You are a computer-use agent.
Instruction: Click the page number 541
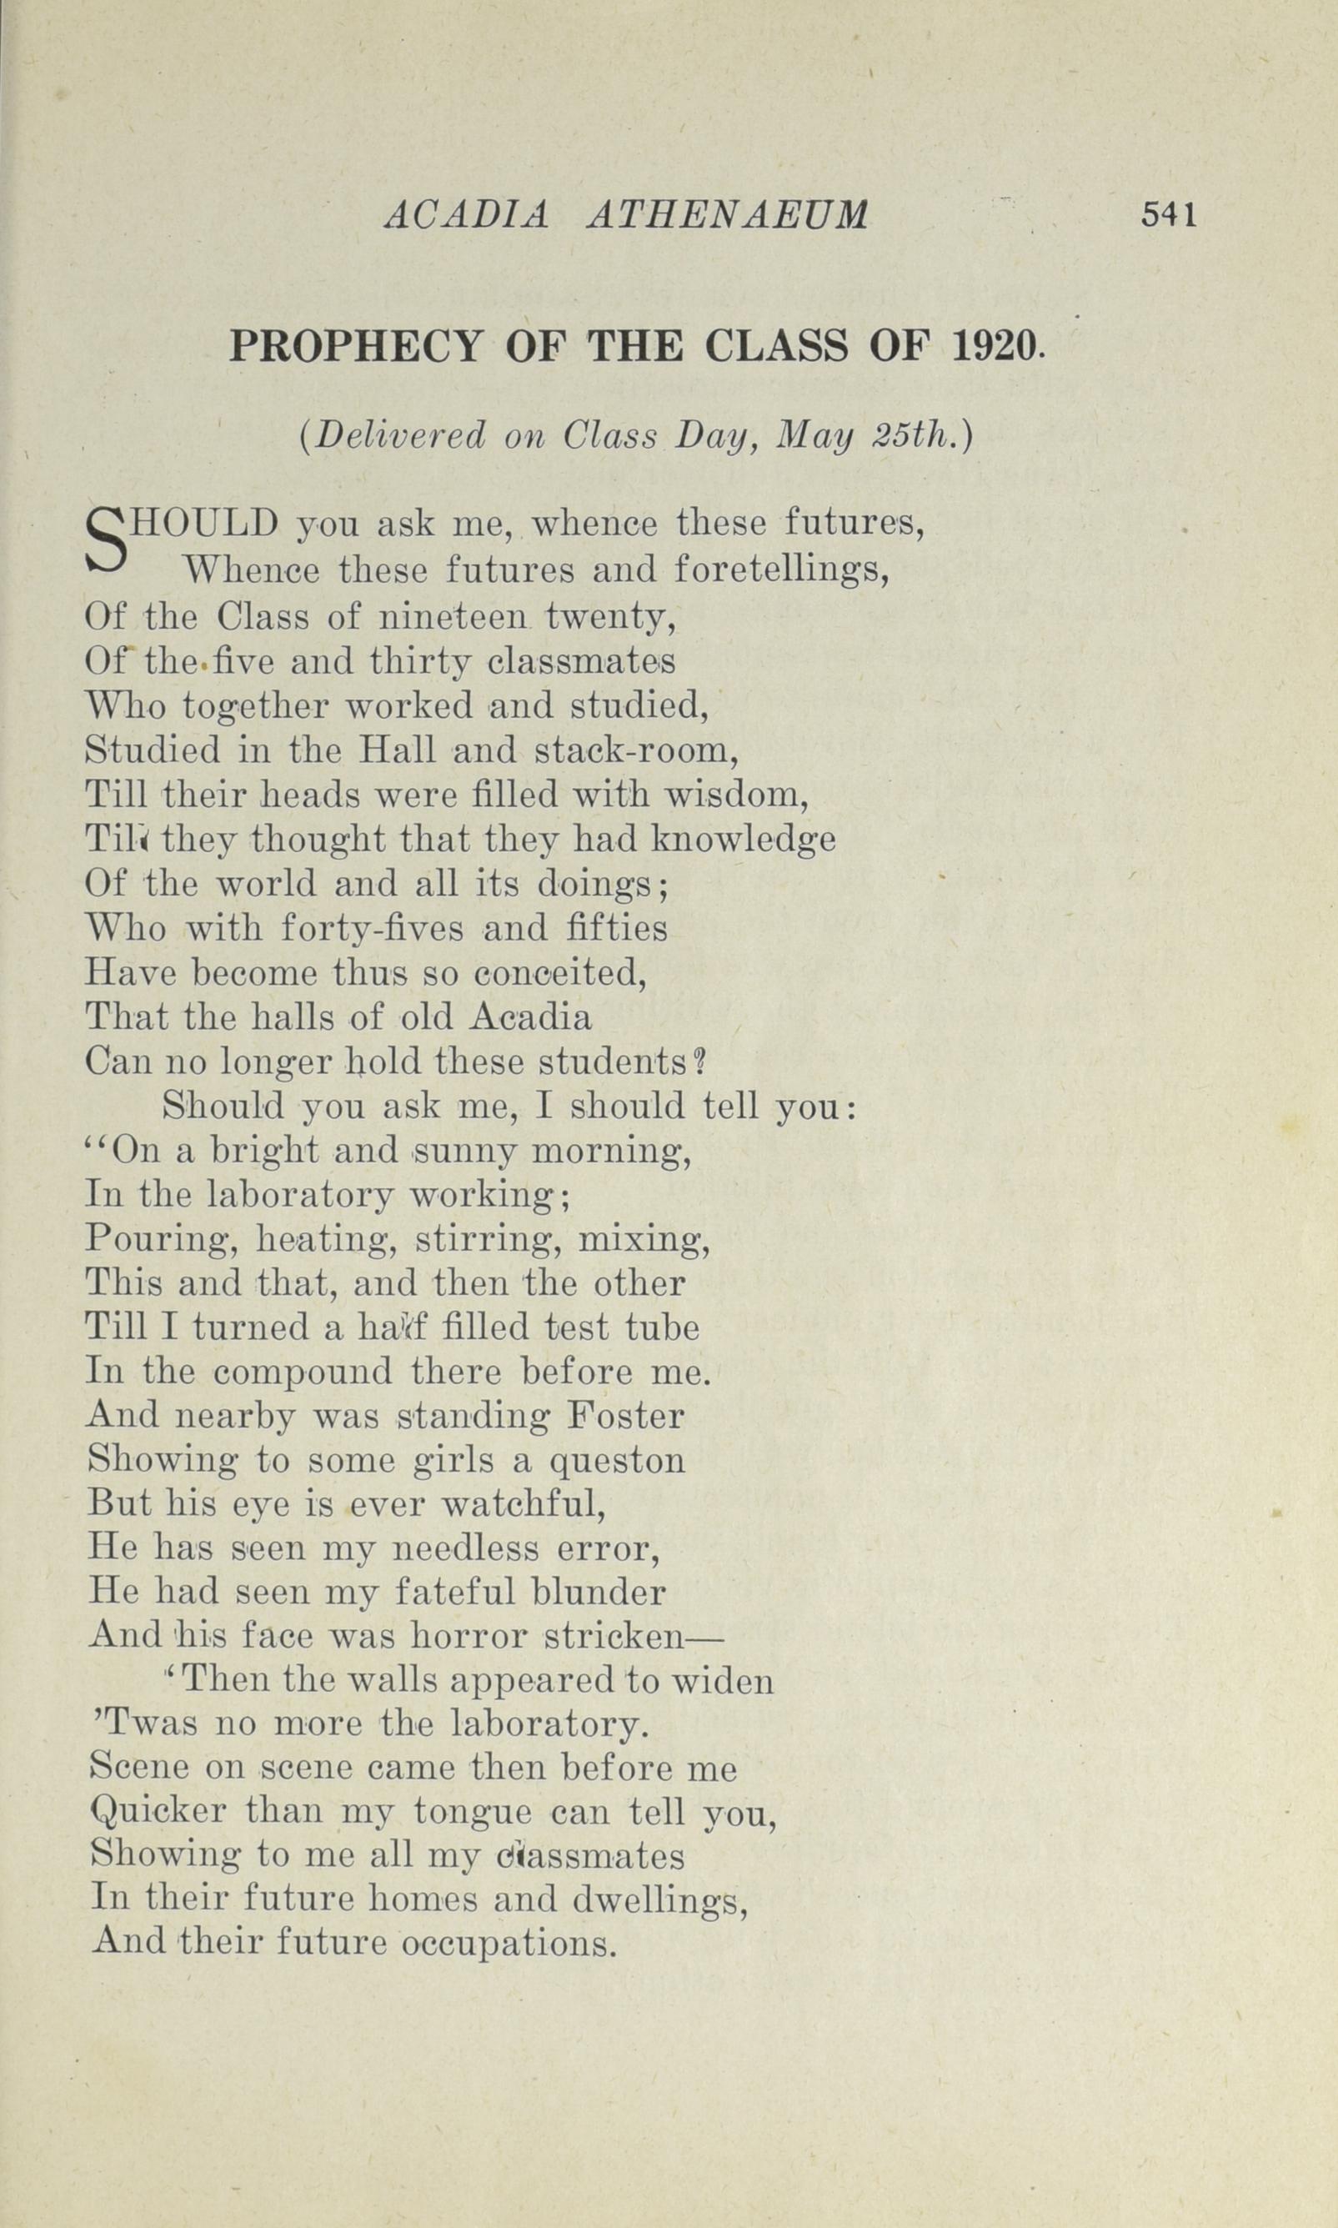1169,214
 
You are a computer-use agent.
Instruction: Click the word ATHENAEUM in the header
727,215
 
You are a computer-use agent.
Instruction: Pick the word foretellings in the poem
783,570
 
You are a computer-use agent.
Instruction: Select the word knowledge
743,840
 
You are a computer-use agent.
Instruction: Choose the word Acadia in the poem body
532,1018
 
